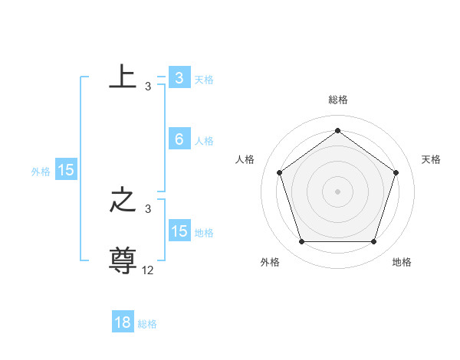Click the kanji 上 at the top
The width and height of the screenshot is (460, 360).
coord(123,77)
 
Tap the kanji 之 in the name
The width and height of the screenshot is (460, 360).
coord(123,201)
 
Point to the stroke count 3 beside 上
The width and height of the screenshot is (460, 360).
coord(148,87)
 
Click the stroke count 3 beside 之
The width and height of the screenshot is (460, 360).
coord(148,209)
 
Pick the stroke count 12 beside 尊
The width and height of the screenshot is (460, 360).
coord(148,270)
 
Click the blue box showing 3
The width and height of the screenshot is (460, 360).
coord(179,78)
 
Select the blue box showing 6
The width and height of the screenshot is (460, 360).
coord(179,139)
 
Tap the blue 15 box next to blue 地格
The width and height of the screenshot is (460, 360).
coord(179,231)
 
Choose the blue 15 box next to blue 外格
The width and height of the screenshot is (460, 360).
coord(66,170)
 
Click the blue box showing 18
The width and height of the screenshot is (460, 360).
coord(123,322)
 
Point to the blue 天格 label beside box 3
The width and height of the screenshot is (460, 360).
coord(204,80)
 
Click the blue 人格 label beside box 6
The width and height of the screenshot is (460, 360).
coord(204,141)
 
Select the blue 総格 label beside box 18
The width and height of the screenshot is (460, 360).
coord(147,324)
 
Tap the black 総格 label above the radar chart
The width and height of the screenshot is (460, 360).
coord(337,100)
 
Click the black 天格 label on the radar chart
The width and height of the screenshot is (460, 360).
coord(431,159)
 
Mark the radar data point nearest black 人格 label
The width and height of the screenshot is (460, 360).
coord(279,172)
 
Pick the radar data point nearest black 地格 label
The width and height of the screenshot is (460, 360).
coord(373,242)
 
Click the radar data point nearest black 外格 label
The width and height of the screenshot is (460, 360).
coord(301,242)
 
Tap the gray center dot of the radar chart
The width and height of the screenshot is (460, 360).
coord(337,191)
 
